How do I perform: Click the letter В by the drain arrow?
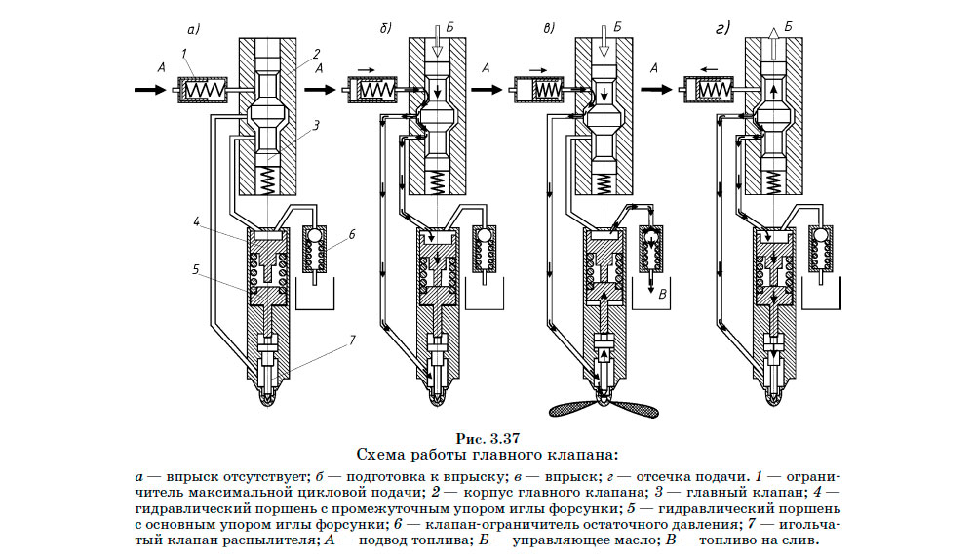coord(663,293)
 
